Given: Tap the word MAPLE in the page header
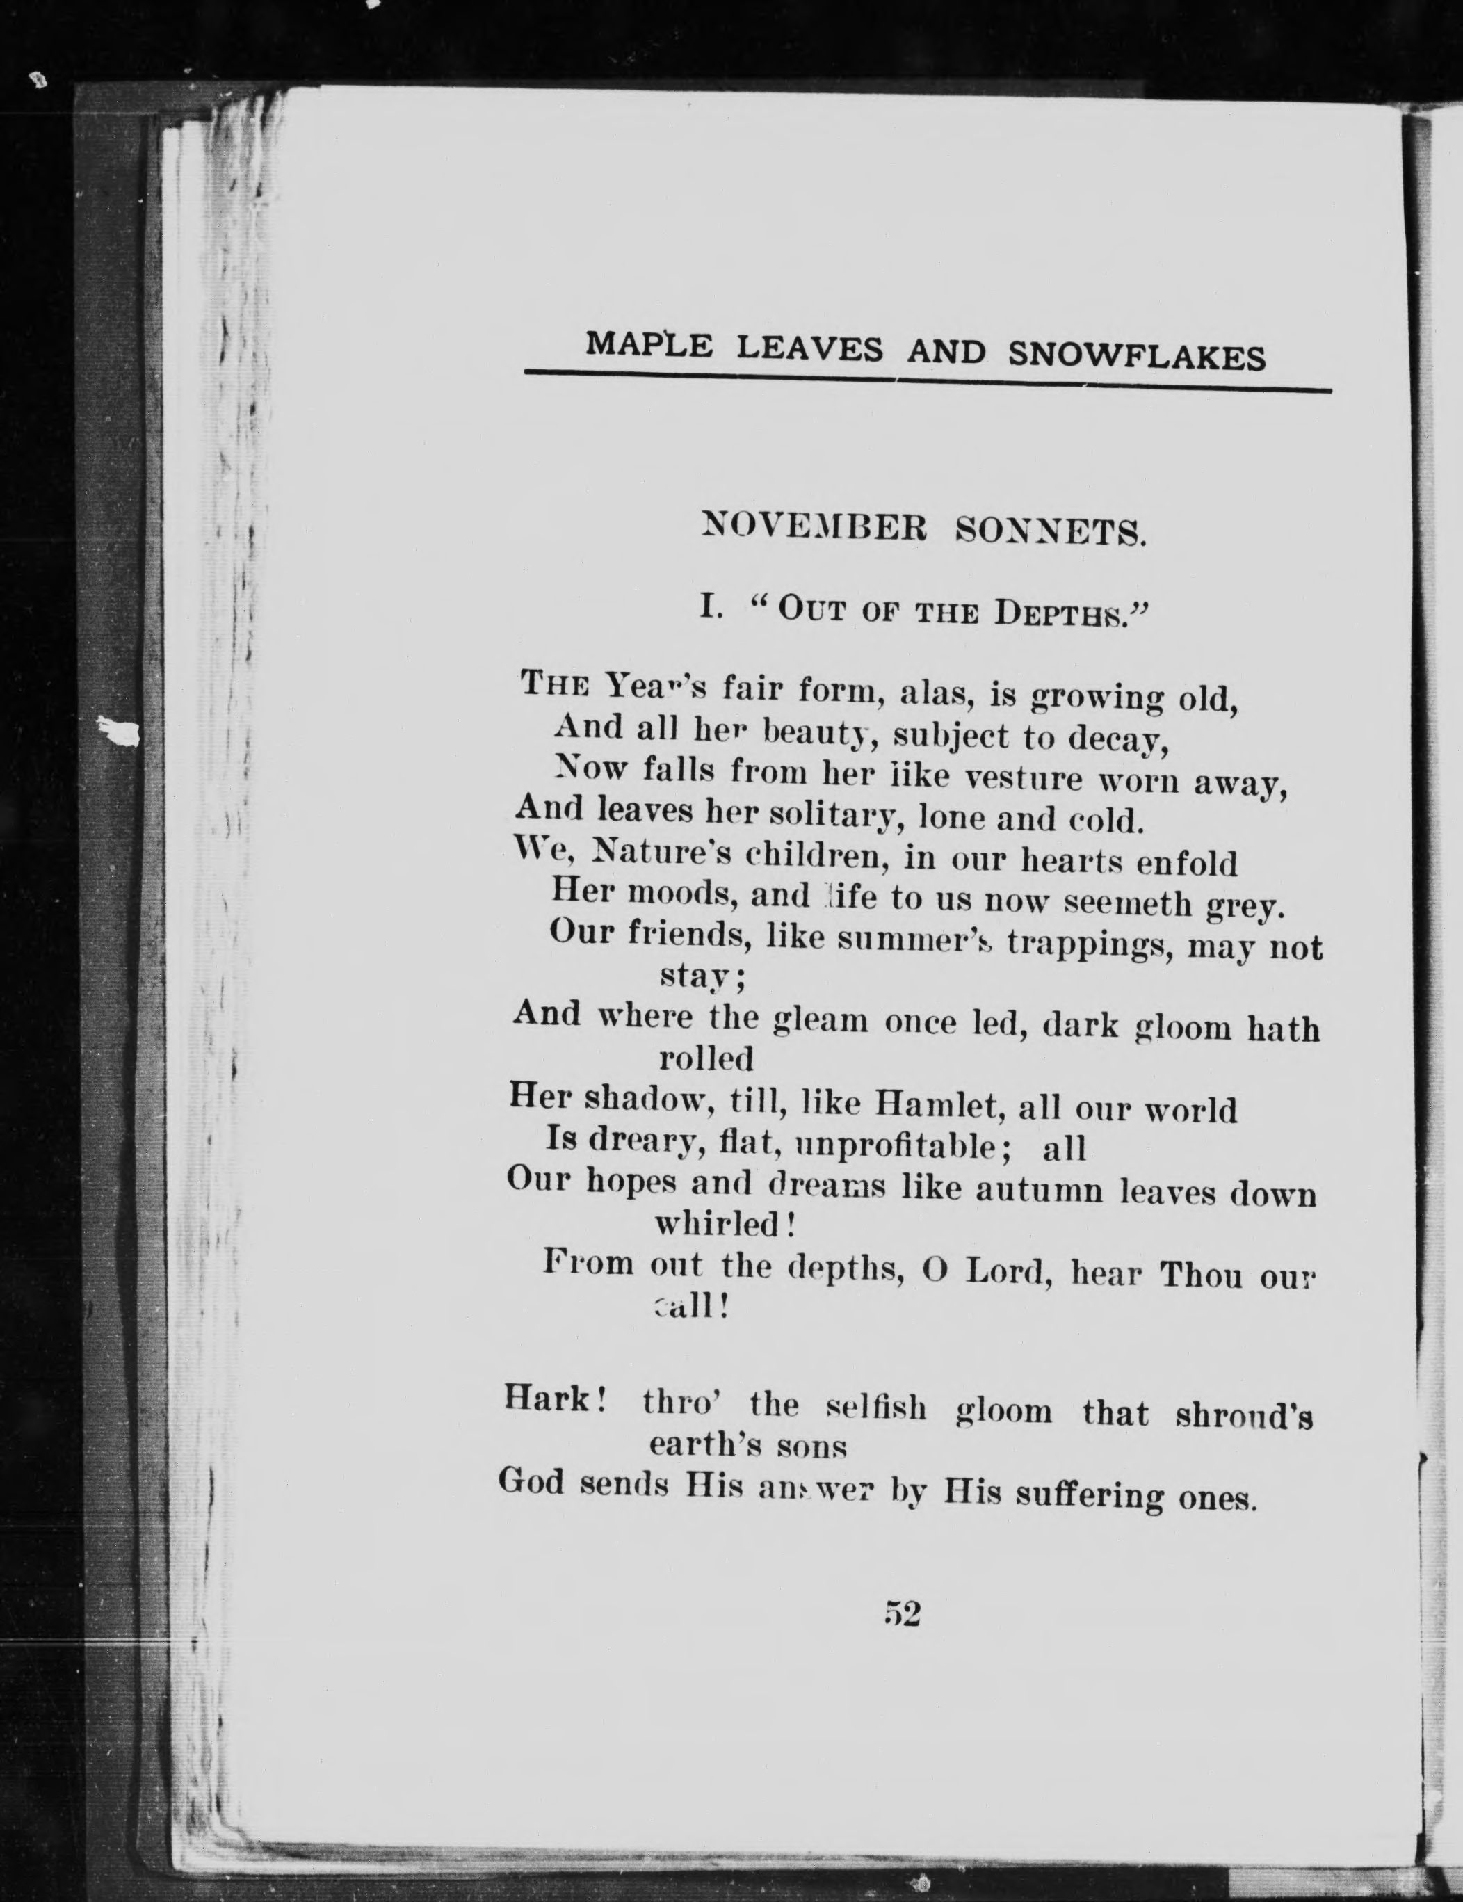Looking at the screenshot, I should pos(649,345).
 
